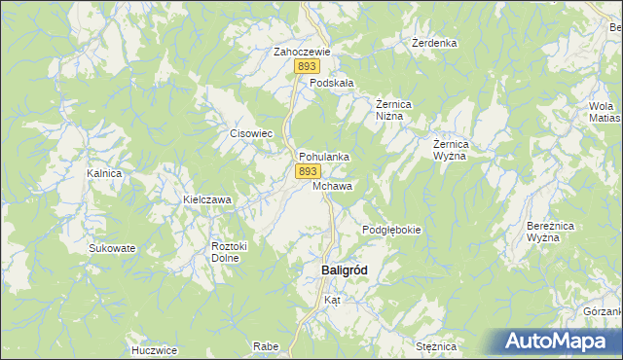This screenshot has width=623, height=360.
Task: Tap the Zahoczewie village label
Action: click(303, 52)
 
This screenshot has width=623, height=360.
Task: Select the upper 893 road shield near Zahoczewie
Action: click(308, 66)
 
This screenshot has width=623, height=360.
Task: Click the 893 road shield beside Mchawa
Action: click(307, 170)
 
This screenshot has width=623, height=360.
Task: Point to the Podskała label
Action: click(331, 84)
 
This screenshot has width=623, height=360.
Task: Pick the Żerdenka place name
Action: click(434, 44)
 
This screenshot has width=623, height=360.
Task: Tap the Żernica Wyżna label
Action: click(452, 150)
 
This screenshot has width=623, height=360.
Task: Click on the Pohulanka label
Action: click(324, 156)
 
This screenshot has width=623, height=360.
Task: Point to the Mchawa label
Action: click(333, 185)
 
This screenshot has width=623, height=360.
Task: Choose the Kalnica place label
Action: click(103, 173)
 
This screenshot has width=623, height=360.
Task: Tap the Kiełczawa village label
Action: click(207, 199)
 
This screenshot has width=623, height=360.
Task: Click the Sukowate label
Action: click(112, 248)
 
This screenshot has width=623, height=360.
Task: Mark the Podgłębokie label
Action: click(391, 230)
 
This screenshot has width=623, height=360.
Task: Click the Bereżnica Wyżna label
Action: click(542, 232)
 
